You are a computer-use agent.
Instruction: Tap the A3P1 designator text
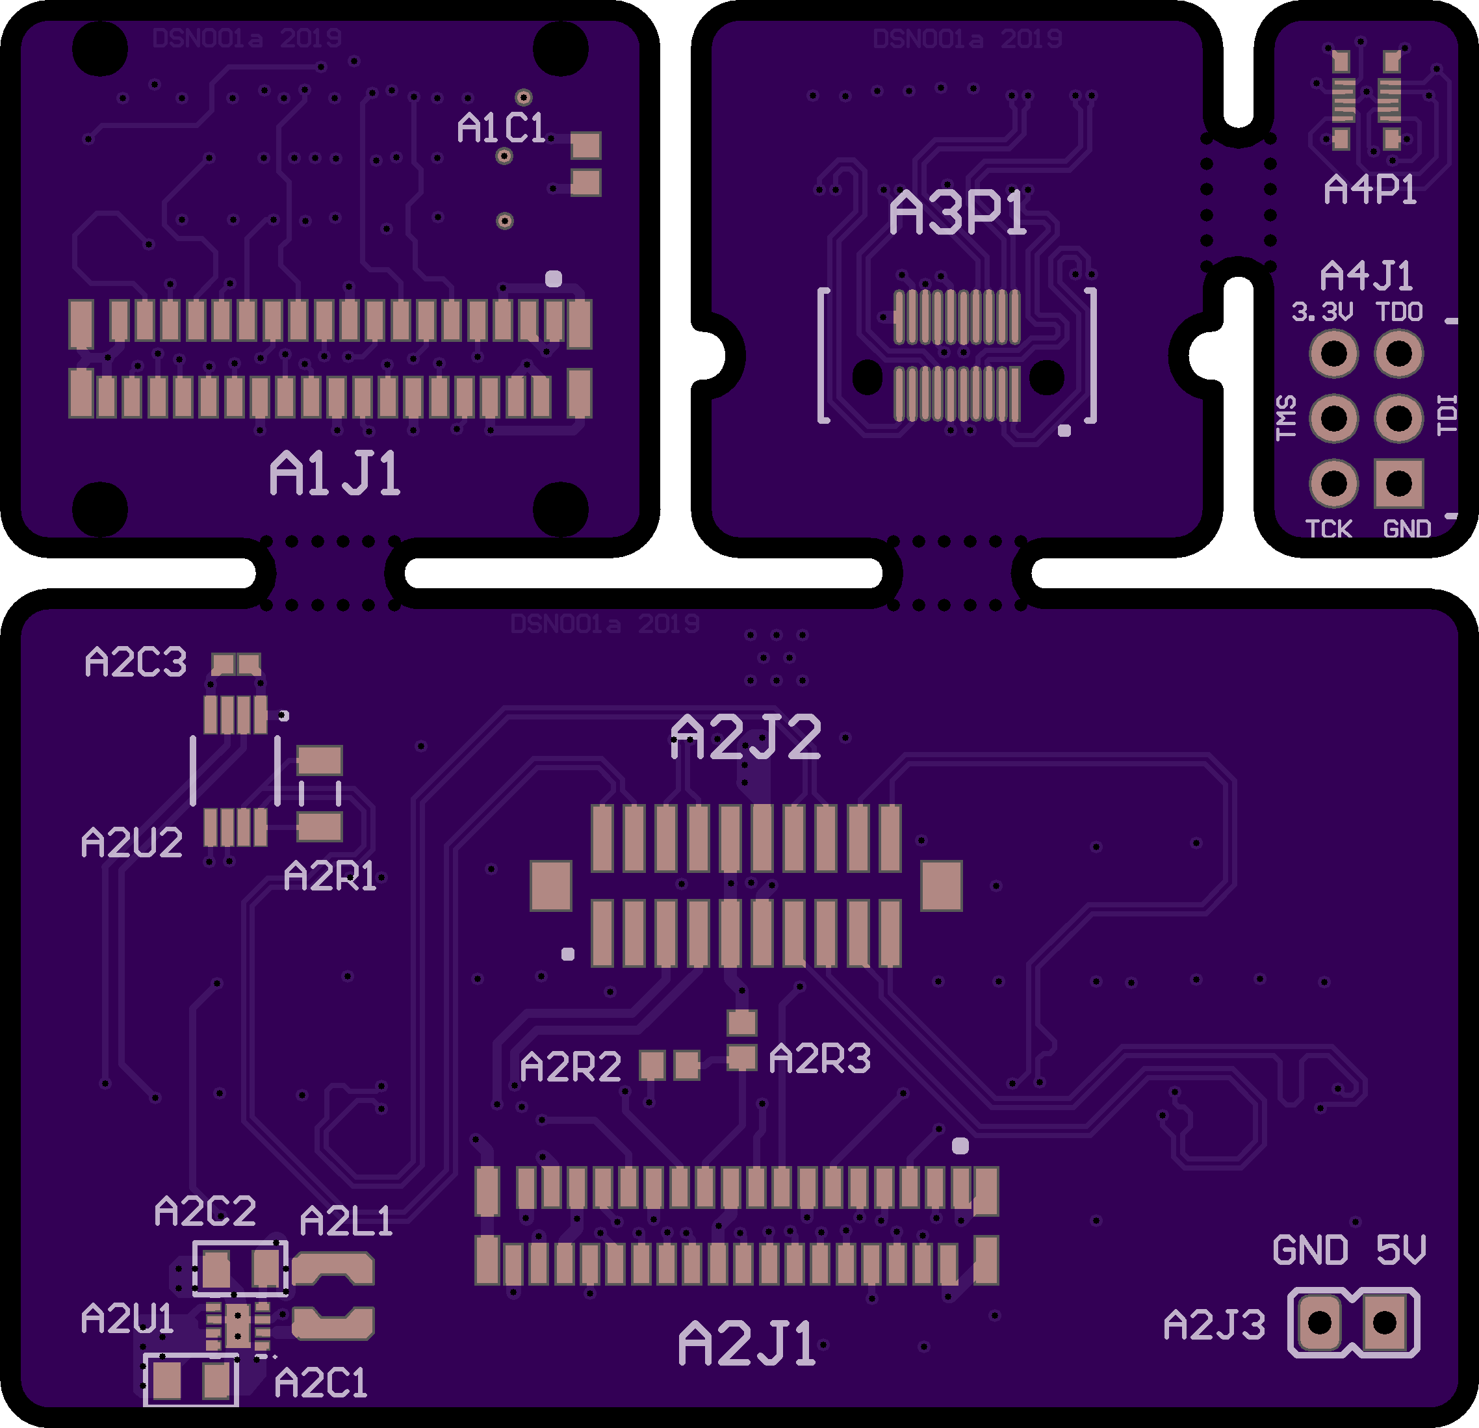[958, 212]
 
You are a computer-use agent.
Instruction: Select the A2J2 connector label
[745, 737]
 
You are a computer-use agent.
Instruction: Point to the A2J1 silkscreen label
[747, 1344]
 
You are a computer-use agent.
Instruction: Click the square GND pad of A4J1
[1398, 483]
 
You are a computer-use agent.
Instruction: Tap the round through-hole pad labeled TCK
[1333, 483]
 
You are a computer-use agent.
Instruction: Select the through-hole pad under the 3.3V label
[1333, 353]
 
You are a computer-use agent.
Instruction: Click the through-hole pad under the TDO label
[1398, 353]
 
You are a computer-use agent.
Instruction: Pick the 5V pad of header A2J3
[1385, 1322]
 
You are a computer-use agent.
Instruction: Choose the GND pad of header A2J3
[1320, 1322]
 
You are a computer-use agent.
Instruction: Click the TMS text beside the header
[1286, 417]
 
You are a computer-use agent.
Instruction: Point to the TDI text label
[1447, 415]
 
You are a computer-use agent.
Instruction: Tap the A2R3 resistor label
[819, 1058]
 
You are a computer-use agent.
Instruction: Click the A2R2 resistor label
[571, 1067]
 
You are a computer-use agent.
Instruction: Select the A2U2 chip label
[132, 842]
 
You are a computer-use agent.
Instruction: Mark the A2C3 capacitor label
[136, 662]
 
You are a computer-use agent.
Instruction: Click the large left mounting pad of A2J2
[551, 886]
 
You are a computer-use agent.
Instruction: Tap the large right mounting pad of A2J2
[941, 886]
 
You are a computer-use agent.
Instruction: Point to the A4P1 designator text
[1370, 188]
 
